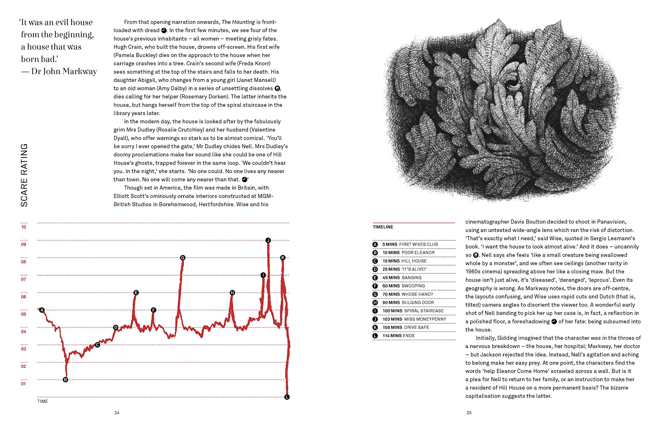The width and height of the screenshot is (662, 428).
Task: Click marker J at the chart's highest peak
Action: pyautogui.click(x=268, y=240)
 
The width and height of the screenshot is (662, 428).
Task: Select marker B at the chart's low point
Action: pyautogui.click(x=65, y=380)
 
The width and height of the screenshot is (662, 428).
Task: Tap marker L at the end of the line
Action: pyautogui.click(x=287, y=397)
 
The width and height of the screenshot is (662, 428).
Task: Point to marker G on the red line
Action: pyautogui.click(x=183, y=258)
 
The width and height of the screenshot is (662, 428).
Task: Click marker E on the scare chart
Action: pyautogui.click(x=136, y=293)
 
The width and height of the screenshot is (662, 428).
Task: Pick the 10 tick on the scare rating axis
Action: pyautogui.click(x=24, y=227)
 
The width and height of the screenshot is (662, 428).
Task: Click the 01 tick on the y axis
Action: pyautogui.click(x=24, y=384)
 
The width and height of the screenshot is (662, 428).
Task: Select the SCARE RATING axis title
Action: pyautogui.click(x=24, y=175)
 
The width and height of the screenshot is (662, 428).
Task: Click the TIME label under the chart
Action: pyautogui.click(x=43, y=401)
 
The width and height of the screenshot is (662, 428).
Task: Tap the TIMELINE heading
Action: pyautogui.click(x=383, y=227)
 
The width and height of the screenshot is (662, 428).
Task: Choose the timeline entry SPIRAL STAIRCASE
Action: pyautogui.click(x=424, y=311)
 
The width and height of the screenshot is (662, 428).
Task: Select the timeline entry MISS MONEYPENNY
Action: pyautogui.click(x=425, y=319)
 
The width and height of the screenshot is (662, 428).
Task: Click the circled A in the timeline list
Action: pyautogui.click(x=375, y=245)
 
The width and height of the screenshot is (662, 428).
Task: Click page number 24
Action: pyautogui.click(x=117, y=413)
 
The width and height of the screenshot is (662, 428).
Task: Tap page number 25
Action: pyautogui.click(x=469, y=413)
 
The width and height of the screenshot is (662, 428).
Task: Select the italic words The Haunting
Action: pyautogui.click(x=238, y=22)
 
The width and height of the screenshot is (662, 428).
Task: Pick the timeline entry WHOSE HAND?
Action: pyautogui.click(x=417, y=294)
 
